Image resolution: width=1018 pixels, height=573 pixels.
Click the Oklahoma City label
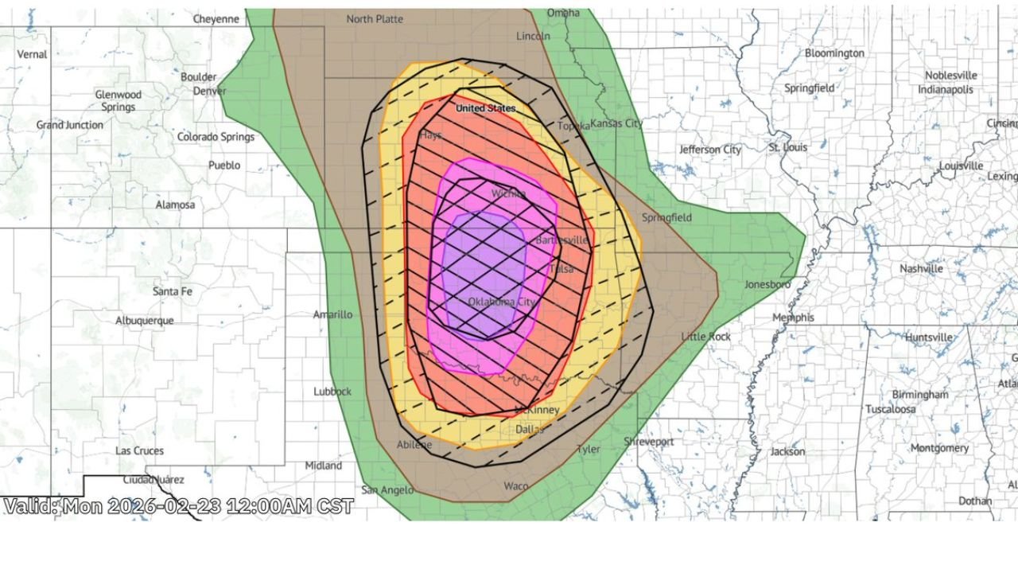tap(501, 302)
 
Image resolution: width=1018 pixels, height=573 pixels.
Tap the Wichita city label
tap(508, 193)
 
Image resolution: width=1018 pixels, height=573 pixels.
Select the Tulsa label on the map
tap(561, 270)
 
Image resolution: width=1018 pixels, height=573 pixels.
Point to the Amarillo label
tap(332, 314)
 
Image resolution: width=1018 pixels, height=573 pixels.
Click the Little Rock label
tap(705, 337)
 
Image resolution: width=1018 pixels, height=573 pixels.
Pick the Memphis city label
tap(794, 318)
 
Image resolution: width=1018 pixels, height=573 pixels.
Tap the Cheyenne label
tap(216, 19)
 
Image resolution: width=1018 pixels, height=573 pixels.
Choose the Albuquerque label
tap(145, 321)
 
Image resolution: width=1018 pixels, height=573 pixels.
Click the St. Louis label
tap(787, 147)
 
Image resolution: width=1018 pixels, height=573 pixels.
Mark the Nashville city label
tap(921, 269)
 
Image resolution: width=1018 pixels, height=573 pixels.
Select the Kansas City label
tap(616, 124)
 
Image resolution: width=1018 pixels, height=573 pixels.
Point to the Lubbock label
tap(332, 392)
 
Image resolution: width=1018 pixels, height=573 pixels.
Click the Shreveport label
tap(648, 442)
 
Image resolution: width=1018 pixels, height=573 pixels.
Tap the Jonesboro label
tap(767, 285)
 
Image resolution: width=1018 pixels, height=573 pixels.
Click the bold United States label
tap(485, 108)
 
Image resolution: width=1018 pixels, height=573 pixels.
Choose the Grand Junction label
tap(70, 125)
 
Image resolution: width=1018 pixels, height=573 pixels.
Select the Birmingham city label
tap(919, 395)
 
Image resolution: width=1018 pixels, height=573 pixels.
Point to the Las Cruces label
tap(139, 450)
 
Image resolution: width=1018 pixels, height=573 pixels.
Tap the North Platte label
tap(375, 19)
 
